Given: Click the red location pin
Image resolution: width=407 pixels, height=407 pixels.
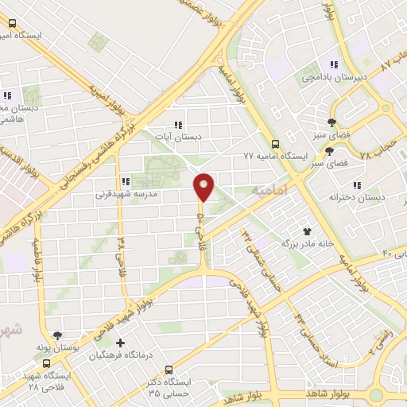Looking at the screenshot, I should [x=204, y=187].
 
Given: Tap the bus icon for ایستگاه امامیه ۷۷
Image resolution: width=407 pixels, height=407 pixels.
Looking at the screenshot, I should [x=275, y=145].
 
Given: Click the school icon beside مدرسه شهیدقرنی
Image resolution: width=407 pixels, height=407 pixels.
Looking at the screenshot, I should [x=126, y=181].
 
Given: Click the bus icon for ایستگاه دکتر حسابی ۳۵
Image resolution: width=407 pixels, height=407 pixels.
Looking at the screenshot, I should [x=169, y=370].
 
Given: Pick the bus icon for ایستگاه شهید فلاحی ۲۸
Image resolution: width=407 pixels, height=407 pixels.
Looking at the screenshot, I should [x=45, y=362].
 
